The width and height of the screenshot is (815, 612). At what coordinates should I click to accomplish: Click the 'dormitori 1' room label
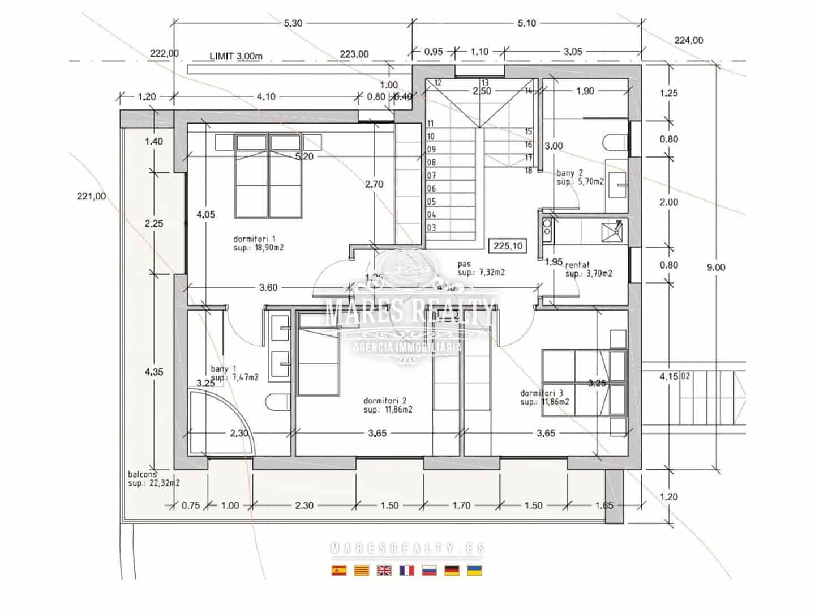pyautogui.click(x=254, y=239)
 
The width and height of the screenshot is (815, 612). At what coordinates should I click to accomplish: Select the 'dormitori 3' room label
pyautogui.click(x=541, y=393)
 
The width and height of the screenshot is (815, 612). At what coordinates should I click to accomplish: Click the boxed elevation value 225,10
pyautogui.click(x=508, y=245)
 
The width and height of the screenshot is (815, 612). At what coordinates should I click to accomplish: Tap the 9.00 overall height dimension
pyautogui.click(x=715, y=267)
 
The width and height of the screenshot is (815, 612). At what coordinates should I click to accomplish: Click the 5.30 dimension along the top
pyautogui.click(x=293, y=23)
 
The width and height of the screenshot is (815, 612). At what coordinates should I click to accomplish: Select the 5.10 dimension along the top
pyautogui.click(x=526, y=23)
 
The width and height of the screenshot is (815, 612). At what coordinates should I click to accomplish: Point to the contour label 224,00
pyautogui.click(x=689, y=40)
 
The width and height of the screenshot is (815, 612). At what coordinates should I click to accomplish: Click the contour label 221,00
pyautogui.click(x=91, y=197)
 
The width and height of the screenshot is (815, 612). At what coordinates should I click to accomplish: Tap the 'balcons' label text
pyautogui.click(x=142, y=474)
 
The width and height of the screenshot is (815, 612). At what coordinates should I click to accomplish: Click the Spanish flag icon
pyautogui.click(x=338, y=571)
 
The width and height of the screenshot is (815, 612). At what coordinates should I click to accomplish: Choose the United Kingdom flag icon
pyautogui.click(x=384, y=571)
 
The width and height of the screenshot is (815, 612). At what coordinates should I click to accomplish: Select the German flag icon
pyautogui.click(x=452, y=571)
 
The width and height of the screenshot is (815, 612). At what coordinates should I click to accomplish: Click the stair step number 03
pyautogui.click(x=431, y=228)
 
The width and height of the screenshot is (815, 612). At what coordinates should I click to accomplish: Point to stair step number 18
pyautogui.click(x=528, y=171)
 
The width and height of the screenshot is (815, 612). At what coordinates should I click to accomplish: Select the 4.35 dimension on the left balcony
pyautogui.click(x=154, y=372)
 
